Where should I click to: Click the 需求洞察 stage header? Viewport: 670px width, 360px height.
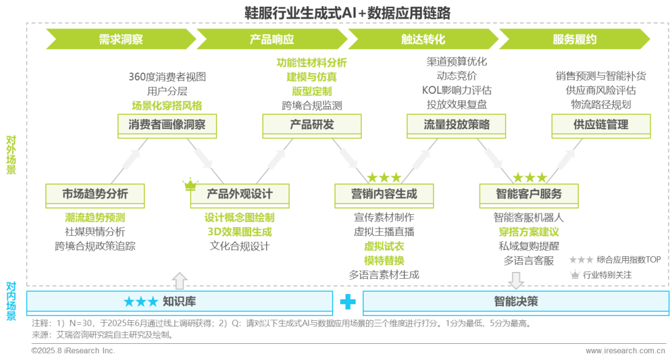click(121, 40)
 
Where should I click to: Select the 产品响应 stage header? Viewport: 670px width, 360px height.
click(272, 40)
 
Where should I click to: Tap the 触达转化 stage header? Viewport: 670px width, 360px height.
click(423, 40)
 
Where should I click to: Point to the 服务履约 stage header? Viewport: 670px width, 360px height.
click(574, 40)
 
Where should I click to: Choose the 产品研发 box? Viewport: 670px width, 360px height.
click(311, 125)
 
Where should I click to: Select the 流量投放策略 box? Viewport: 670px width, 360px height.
click(457, 125)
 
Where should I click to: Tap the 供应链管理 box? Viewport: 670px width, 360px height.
click(601, 125)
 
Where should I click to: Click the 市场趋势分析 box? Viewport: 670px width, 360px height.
click(95, 194)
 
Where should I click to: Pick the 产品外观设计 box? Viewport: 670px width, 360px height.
click(239, 194)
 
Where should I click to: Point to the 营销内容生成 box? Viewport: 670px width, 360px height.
click(384, 194)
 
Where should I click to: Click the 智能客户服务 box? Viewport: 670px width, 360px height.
click(529, 194)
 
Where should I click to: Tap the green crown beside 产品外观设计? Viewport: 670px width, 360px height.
click(189, 183)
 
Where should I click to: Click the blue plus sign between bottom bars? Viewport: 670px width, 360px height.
click(347, 302)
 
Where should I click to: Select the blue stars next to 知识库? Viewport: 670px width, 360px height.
click(140, 302)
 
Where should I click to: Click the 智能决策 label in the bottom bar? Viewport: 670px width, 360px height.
click(516, 302)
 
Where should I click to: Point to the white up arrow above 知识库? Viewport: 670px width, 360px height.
click(179, 281)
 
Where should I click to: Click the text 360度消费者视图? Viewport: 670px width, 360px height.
click(166, 78)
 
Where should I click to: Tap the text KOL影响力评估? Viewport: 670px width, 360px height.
click(456, 91)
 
